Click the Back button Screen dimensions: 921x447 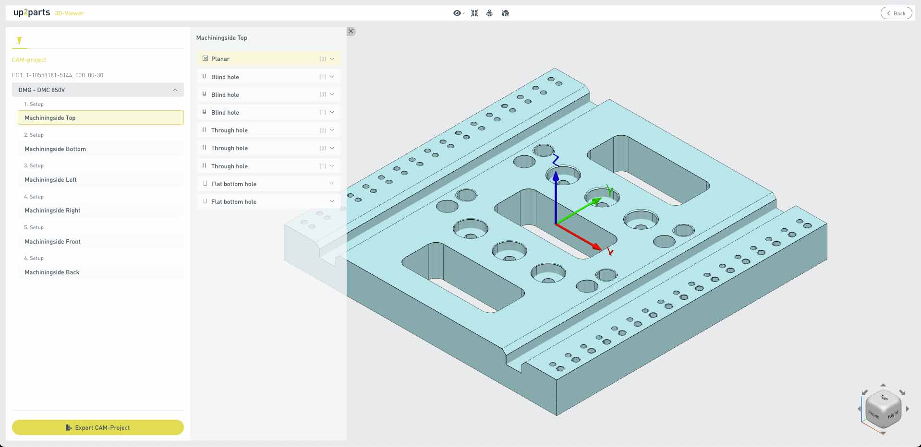coord(896,13)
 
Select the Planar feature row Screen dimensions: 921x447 coord(268,59)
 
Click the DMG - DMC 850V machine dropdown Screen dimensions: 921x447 coord(98,90)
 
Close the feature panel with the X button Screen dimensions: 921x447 coord(351,31)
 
